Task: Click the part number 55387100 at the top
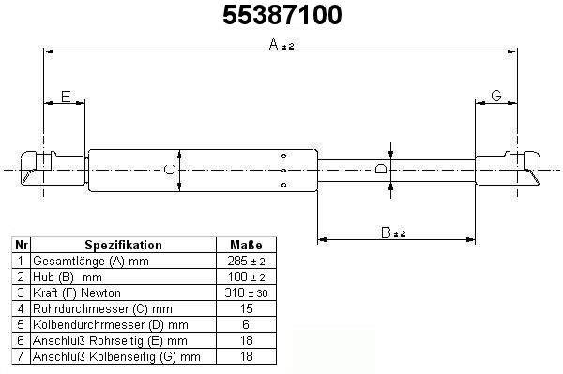282,15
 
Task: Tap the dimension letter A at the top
274,44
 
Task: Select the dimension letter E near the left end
66,97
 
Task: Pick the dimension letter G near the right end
495,96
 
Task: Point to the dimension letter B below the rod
386,232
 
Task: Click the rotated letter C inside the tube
170,170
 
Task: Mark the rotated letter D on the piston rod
381,169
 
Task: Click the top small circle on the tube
283,156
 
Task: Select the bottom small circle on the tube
283,185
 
